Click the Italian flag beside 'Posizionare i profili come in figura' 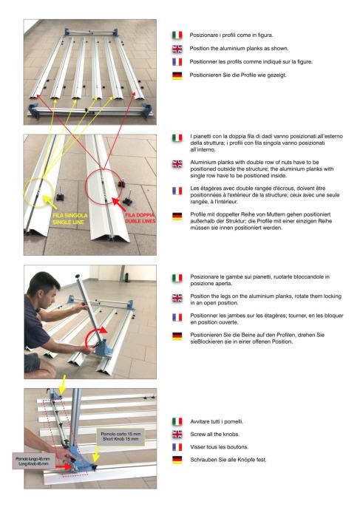[177, 35]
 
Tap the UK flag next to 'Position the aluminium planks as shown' [177, 49]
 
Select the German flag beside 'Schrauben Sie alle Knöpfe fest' [177, 460]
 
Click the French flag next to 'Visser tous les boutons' [177, 447]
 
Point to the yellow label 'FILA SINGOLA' [70, 215]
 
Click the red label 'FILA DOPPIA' [140, 215]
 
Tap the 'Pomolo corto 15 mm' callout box [120, 437]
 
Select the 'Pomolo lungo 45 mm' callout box [33, 461]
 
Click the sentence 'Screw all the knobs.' [214, 434]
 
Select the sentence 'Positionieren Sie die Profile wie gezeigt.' [238, 75]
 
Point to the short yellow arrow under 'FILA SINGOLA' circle [50, 202]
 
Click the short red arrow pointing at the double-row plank [119, 204]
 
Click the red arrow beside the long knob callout [64, 466]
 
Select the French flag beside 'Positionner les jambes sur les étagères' [177, 317]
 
